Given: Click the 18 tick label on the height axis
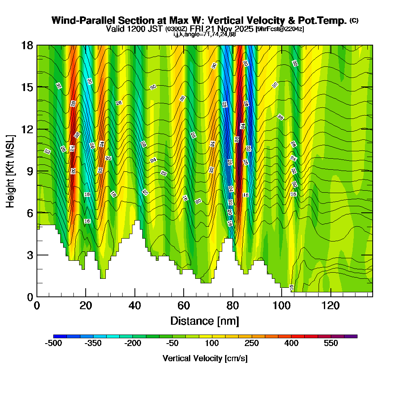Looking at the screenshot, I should click(27, 45).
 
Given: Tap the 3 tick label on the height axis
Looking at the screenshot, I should click(29, 255).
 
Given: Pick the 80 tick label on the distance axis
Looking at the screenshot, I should click(233, 306).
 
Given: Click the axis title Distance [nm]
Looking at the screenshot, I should click(205, 321).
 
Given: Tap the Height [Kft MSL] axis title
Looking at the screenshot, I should click(11, 171).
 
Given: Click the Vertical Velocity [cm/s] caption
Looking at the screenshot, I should click(205, 358).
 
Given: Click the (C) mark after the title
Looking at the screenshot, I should click(354, 20).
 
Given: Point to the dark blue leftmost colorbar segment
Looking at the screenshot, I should click(60, 336).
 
